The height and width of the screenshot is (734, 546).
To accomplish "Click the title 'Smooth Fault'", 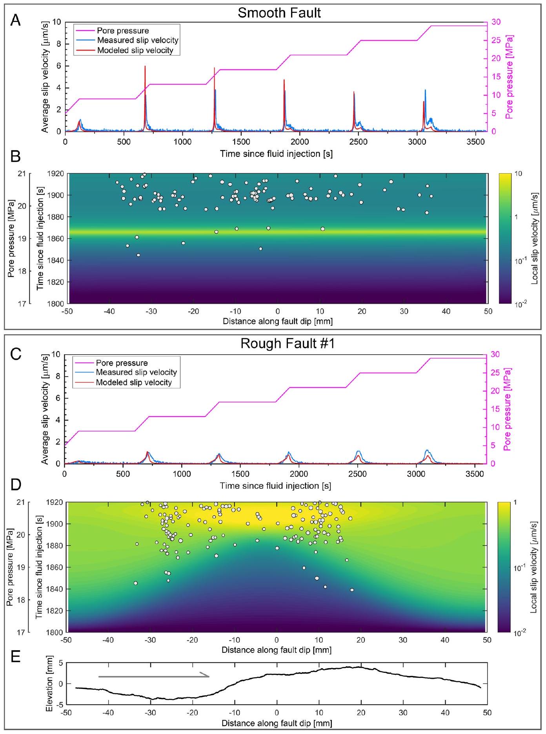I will (279, 13).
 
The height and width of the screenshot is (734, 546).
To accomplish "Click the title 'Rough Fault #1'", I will (279, 344).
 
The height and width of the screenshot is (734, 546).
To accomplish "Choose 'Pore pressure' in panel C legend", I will (122, 363).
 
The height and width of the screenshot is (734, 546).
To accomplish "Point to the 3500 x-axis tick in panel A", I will (475, 141).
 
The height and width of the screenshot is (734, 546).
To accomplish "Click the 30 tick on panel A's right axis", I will (496, 22).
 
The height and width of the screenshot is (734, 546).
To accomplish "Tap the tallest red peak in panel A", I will (145, 67).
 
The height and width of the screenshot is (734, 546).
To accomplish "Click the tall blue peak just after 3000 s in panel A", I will (425, 91).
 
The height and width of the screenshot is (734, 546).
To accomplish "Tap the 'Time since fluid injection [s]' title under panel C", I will (275, 486).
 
